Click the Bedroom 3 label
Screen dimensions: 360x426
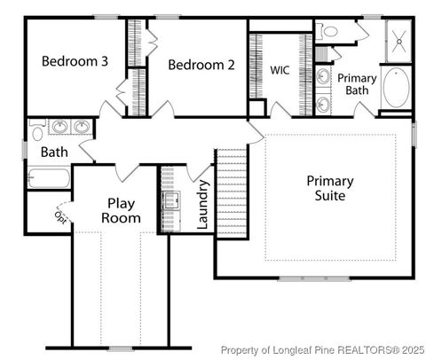click(75, 62)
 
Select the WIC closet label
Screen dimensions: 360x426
click(280, 69)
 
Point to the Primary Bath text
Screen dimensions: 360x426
click(357, 83)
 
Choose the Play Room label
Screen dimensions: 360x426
click(121, 210)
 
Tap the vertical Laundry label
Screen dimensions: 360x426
click(204, 204)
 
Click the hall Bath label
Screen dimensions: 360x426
click(54, 153)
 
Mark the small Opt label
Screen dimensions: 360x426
click(61, 215)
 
